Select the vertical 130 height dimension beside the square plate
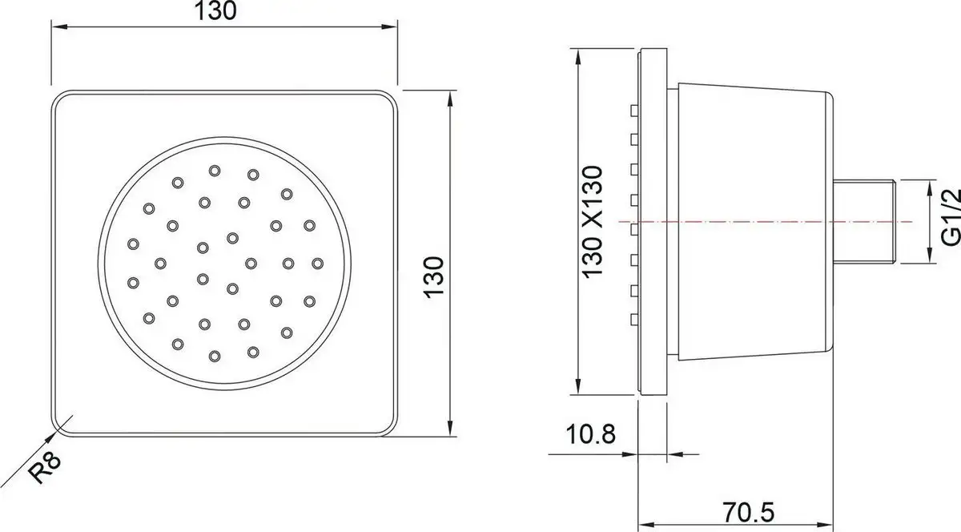[433, 276]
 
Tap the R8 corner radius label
[46, 467]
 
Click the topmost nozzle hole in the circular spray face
[214, 170]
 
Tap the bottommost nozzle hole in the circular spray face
[214, 355]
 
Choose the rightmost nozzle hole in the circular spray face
[317, 262]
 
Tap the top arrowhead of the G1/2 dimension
[931, 184]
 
